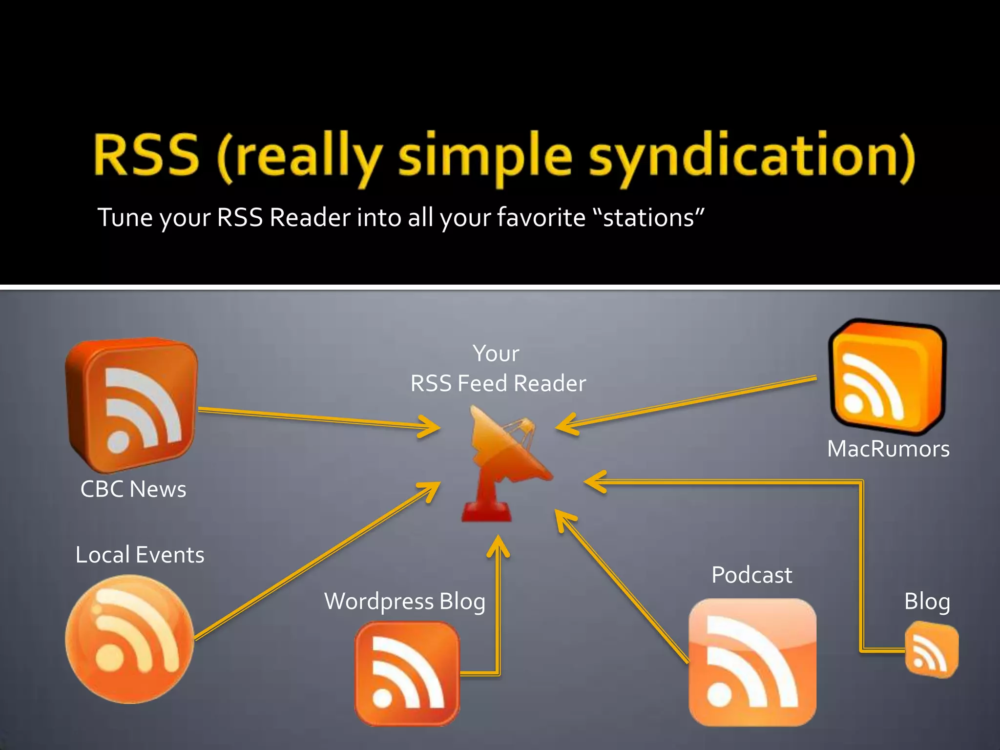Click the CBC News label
coord(133,489)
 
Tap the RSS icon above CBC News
coord(132,405)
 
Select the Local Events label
coord(140,555)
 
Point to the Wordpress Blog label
coord(405,602)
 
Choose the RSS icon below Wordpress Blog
coord(407,673)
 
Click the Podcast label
coord(751,575)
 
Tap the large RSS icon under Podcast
coord(752,662)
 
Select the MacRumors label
coord(888,449)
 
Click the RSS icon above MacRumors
coord(888,376)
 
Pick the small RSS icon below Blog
coord(931,650)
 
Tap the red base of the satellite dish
coord(487,513)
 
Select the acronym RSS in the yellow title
coord(146,155)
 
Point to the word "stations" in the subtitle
coord(649,218)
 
